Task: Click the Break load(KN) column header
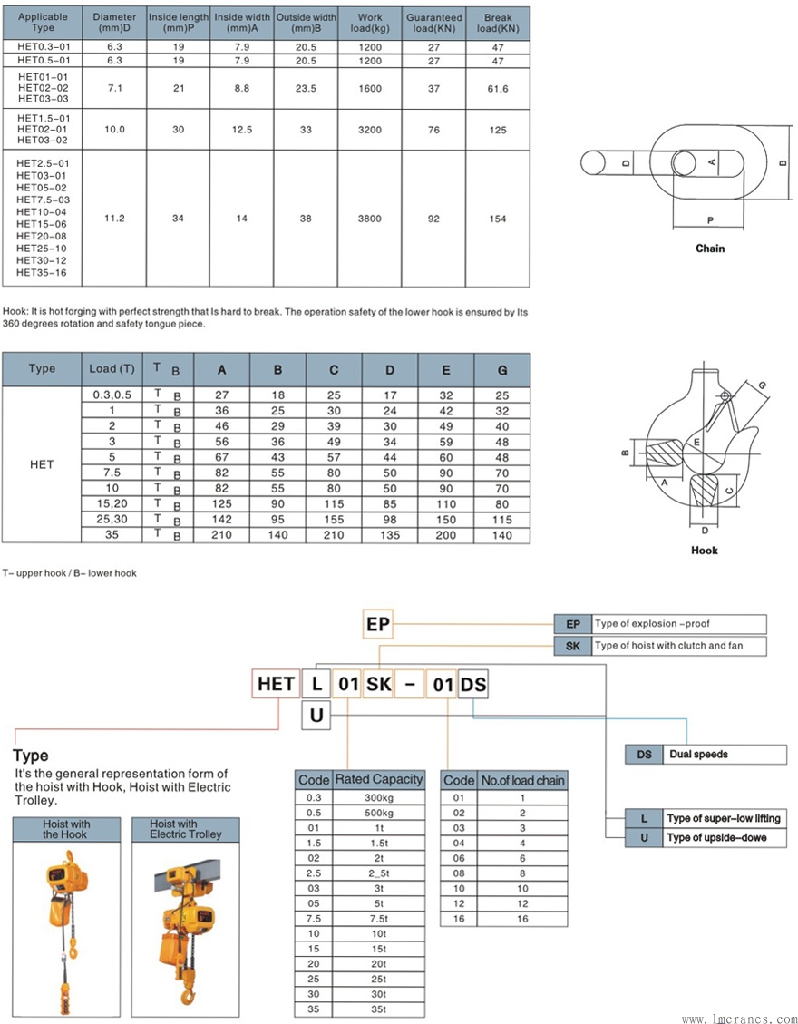(x=498, y=23)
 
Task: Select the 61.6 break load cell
(x=498, y=89)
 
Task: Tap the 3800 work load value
(x=370, y=219)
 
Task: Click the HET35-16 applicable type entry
(x=43, y=273)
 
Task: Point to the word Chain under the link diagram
(x=710, y=249)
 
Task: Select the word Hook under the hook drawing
(x=705, y=551)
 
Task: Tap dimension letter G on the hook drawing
(x=762, y=385)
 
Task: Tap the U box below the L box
(x=316, y=716)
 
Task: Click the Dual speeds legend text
(x=698, y=754)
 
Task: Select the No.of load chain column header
(x=522, y=780)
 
